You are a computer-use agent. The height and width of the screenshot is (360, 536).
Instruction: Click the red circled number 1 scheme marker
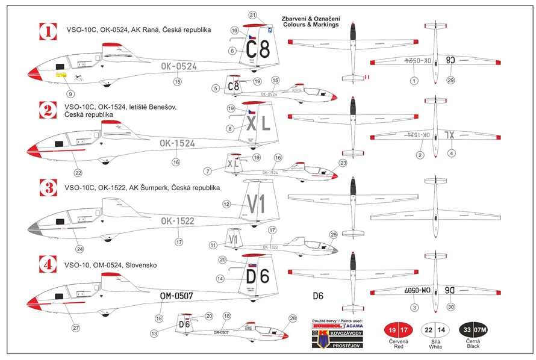click(x=47, y=31)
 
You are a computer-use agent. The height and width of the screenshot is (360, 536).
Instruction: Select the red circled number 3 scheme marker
click(x=47, y=187)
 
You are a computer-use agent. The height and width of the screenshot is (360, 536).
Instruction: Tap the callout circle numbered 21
click(x=252, y=15)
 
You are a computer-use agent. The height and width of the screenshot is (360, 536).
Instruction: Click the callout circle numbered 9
click(x=70, y=93)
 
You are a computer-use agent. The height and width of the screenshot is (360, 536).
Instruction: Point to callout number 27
click(x=76, y=328)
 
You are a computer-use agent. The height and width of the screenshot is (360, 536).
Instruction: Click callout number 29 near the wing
click(x=450, y=80)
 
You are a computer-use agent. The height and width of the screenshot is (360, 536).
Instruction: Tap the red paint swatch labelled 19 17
click(x=399, y=331)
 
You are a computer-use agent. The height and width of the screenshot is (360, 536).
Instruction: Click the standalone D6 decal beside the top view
click(x=318, y=296)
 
